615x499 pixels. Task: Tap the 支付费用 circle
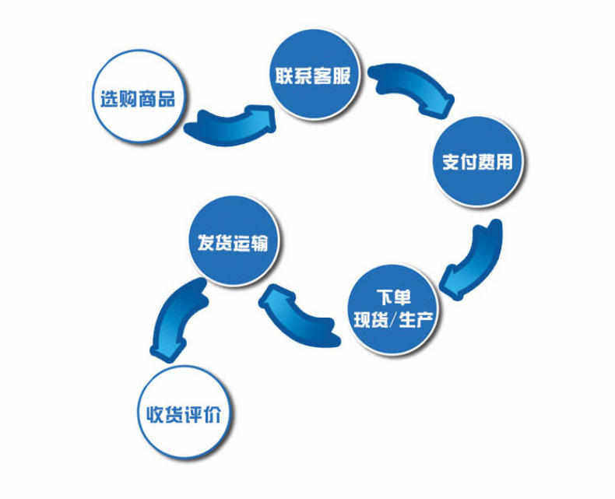click(477, 162)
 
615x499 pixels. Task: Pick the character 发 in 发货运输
click(201, 241)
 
